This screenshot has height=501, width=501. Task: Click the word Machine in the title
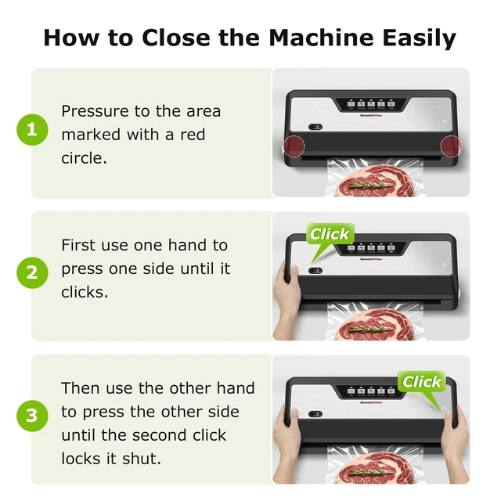321,38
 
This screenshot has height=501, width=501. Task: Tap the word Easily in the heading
420,38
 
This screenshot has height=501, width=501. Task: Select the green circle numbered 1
32,130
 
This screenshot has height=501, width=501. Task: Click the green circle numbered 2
32,273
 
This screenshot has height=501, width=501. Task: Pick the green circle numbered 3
32,416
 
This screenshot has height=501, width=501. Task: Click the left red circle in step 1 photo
294,146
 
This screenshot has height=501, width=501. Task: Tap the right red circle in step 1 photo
451,146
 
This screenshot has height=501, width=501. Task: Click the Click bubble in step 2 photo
330,235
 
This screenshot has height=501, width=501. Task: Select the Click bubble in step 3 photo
421,382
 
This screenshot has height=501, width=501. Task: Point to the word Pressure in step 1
95,111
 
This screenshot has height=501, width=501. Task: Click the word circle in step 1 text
84,158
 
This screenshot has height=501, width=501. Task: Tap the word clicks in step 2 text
85,292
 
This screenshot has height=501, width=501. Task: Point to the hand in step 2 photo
287,301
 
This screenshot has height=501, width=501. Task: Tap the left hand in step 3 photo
287,444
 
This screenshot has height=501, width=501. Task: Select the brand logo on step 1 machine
371,115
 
